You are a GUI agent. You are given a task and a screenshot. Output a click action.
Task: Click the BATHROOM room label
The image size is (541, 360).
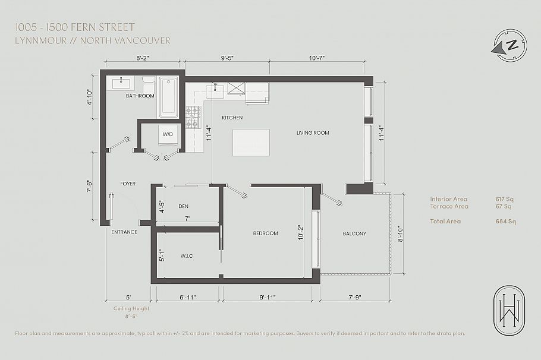point(140,96)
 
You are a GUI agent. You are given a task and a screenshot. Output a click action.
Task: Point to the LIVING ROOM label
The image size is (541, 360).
point(313,133)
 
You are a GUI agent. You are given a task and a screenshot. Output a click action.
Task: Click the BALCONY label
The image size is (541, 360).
point(354,233)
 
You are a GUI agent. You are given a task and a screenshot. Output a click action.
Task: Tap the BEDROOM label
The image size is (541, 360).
point(265,233)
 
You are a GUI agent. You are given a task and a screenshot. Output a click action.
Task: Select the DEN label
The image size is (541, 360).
point(183,207)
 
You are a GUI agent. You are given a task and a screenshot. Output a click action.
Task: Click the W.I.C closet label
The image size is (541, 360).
point(187,257)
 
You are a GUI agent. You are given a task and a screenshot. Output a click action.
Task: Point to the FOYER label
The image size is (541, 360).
point(128,184)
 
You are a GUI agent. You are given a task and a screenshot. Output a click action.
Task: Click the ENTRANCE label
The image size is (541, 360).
point(124,232)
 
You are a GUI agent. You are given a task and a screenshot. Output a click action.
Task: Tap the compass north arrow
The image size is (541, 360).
point(509,45)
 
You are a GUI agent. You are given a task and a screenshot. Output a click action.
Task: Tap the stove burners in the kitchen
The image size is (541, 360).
point(193,116)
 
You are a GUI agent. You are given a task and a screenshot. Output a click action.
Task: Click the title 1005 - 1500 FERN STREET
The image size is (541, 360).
point(76,27)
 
